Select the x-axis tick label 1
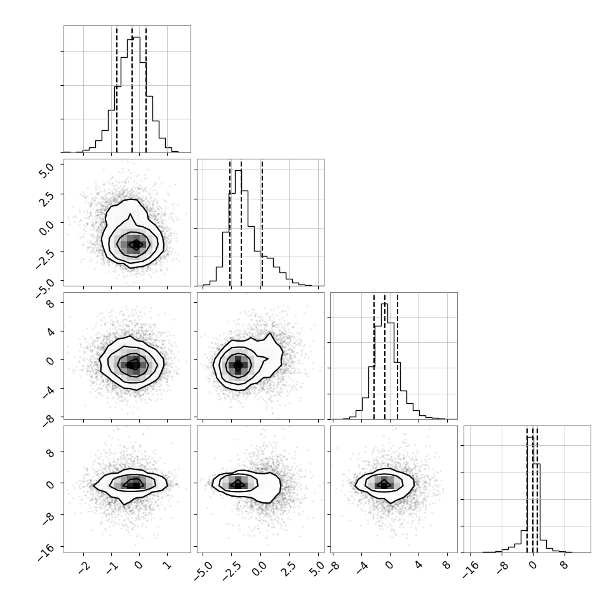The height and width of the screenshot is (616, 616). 167,566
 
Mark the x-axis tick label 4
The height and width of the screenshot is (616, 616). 418,566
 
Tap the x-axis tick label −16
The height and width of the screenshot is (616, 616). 470,570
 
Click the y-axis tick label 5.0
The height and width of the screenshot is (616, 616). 47,170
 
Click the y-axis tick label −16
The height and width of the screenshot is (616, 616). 46,552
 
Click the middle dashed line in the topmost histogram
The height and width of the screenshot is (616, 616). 132,90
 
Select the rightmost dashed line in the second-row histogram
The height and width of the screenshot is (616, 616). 262,223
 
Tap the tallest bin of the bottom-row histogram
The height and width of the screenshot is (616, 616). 530,494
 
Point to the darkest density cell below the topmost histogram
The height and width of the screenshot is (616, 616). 136,244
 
